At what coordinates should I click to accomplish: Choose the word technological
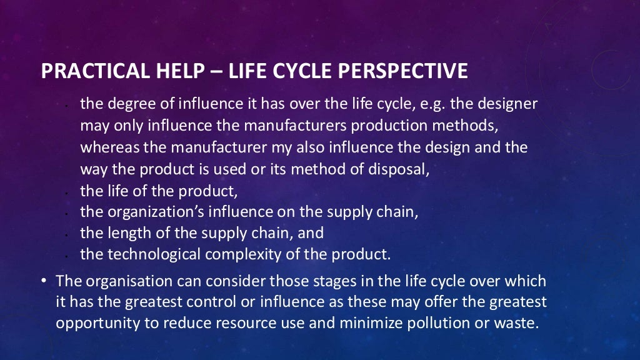coord(153,254)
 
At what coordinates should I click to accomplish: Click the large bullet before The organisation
coord(45,281)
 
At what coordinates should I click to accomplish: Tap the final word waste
coord(518,324)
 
